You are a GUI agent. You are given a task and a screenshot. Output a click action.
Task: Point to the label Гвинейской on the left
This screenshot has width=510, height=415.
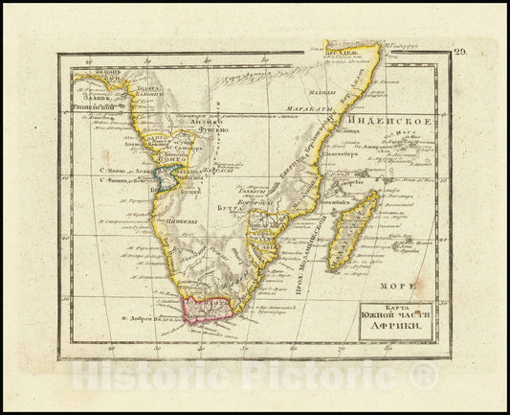point(97,108)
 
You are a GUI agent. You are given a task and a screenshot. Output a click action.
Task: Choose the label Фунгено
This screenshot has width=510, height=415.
point(211,135)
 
